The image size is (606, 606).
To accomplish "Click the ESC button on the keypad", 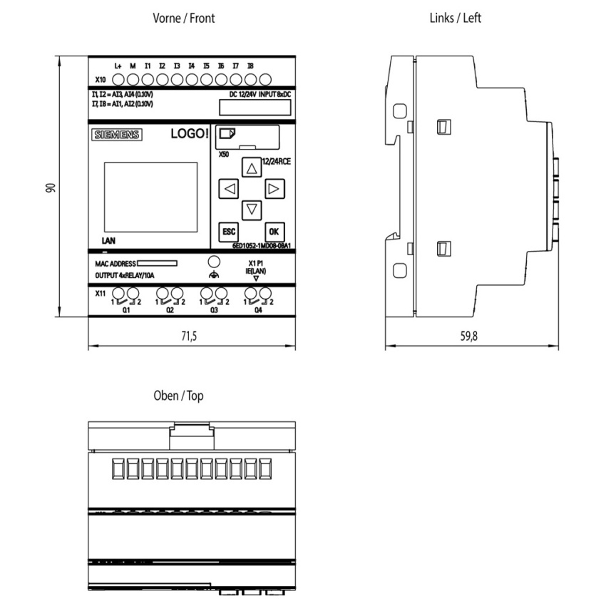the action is [228, 232].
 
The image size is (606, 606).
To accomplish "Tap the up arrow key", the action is [252, 168].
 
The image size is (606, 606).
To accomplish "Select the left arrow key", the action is [228, 189].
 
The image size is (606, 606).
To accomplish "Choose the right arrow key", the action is [274, 189].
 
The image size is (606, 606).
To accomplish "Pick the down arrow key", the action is [252, 210].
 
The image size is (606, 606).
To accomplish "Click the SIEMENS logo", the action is [117, 135].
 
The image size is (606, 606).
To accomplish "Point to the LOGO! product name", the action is [190, 134].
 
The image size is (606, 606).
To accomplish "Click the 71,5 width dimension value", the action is [189, 336].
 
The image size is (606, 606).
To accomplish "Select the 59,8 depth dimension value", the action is [469, 336].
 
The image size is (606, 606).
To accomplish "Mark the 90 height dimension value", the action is [51, 188].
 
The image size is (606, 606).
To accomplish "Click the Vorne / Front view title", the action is [183, 18].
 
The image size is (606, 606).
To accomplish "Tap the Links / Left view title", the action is [456, 18].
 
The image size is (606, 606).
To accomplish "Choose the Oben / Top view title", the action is [178, 396].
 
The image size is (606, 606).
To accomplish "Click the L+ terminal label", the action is [118, 66].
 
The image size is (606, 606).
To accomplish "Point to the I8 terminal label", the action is [250, 66].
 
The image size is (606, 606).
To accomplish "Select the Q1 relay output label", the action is [126, 310].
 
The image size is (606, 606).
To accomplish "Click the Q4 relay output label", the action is [258, 310].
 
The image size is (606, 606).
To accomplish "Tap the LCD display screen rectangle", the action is [150, 197].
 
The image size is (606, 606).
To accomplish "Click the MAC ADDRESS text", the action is [115, 264].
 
